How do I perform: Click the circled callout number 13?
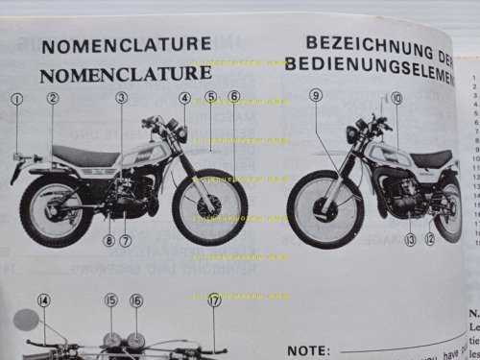pos(410,240)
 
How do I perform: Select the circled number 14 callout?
pos(44,300)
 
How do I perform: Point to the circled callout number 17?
pos(213,300)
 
